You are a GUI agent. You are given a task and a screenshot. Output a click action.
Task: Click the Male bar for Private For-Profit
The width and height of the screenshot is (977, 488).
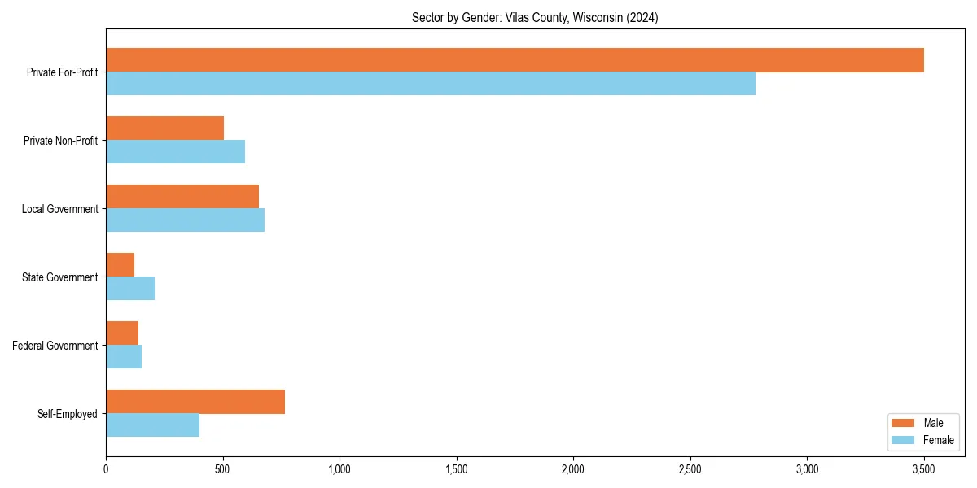click(x=515, y=60)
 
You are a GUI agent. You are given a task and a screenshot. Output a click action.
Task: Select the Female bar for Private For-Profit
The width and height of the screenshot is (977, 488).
click(x=431, y=84)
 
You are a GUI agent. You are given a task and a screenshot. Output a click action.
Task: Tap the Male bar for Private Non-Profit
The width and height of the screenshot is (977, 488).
click(x=164, y=129)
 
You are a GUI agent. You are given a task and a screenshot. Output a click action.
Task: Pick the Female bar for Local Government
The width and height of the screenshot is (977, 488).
click(x=185, y=220)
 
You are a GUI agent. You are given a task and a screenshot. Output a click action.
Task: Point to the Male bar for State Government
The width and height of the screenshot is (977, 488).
click(x=120, y=265)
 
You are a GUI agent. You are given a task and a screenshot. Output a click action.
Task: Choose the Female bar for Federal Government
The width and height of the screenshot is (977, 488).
click(x=124, y=357)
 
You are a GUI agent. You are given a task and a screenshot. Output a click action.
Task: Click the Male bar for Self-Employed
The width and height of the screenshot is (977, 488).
click(x=195, y=402)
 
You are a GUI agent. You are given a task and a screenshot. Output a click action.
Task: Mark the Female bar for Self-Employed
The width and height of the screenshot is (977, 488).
click(x=152, y=425)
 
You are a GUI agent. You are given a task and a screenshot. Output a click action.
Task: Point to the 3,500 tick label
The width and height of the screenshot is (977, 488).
click(x=924, y=469)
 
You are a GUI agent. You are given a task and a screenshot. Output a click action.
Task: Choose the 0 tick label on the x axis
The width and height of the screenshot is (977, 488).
click(x=106, y=469)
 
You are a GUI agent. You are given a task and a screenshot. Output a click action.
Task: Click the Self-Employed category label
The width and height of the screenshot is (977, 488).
click(x=68, y=414)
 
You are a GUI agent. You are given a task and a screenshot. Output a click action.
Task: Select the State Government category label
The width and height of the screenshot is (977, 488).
click(x=60, y=277)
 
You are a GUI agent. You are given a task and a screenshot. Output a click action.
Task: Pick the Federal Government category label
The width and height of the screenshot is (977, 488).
click(x=55, y=346)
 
